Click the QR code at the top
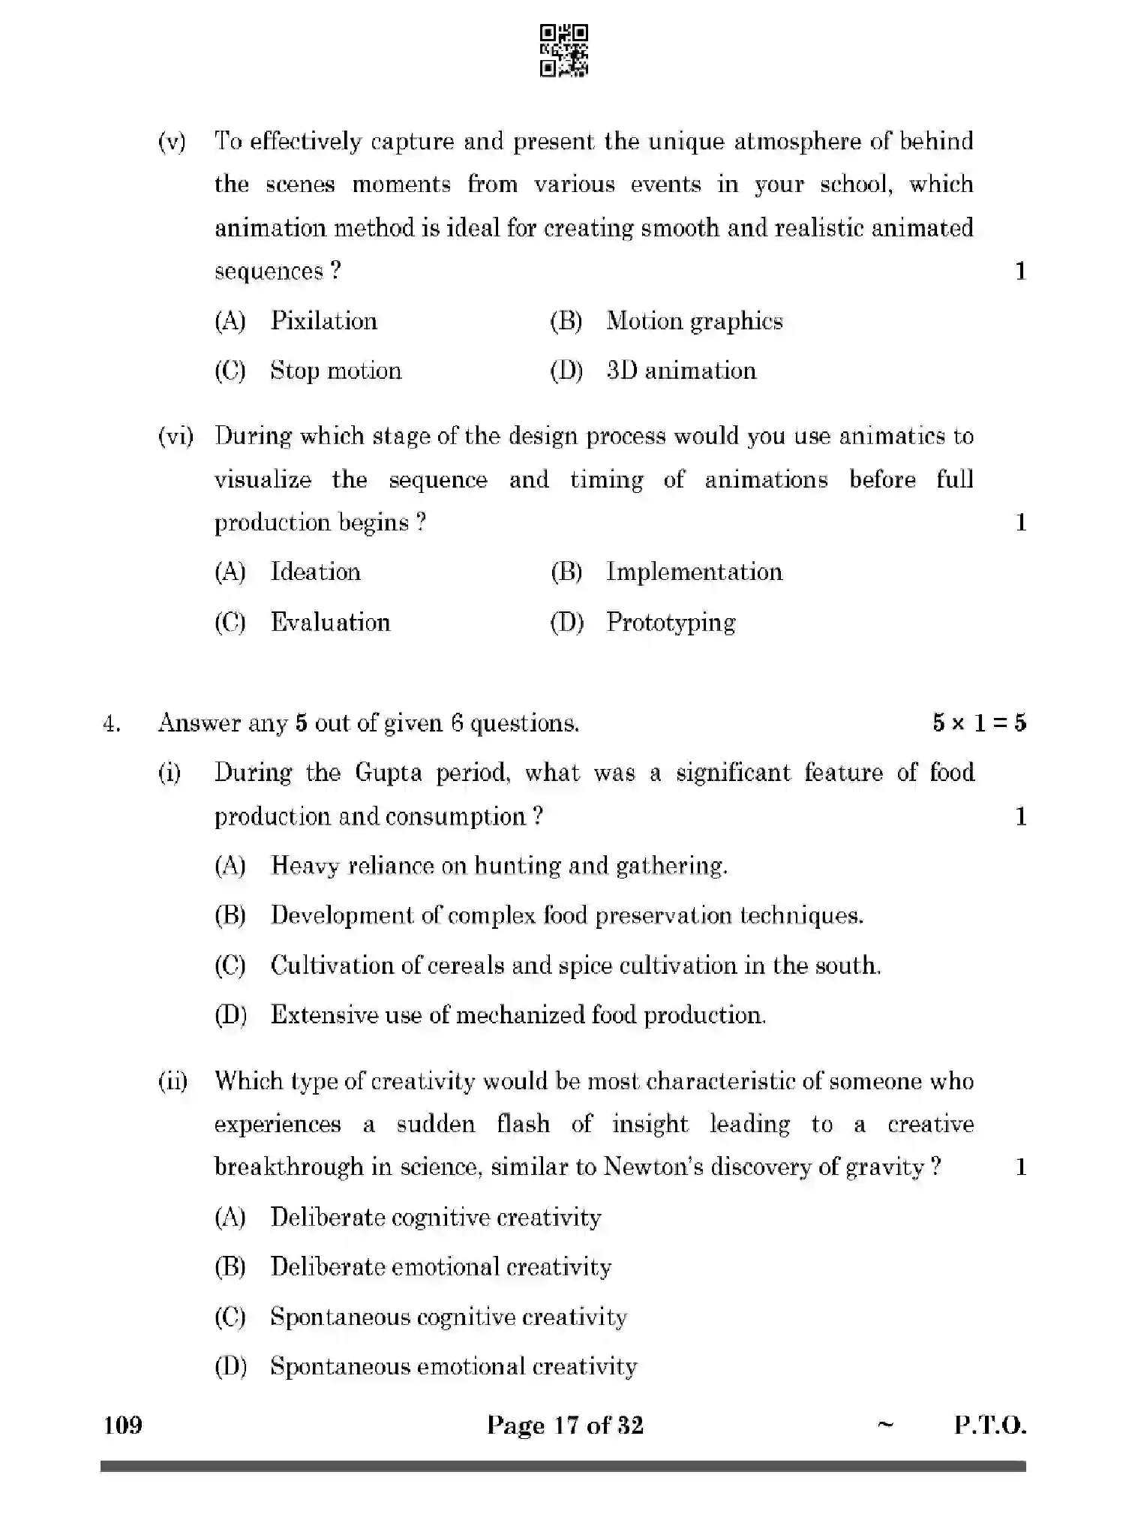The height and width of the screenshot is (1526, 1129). pos(564,51)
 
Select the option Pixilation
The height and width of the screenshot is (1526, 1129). pos(323,321)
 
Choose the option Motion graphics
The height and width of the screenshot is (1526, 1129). pos(694,321)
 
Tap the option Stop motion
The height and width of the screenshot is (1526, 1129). pos(335,371)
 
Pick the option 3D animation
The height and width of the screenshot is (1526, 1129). pos(681,371)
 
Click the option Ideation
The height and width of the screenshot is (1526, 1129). pos(315,572)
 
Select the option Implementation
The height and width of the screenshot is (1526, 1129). pos(694,572)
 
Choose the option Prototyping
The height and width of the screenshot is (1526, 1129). pos(671,622)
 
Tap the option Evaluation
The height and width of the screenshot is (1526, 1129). pos(330,622)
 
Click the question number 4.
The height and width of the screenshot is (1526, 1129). pos(111,724)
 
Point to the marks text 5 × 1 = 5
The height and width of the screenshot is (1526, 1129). pos(979,723)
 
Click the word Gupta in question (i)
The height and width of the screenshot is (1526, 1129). pos(388,773)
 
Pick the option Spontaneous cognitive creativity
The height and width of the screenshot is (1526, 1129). pos(448,1317)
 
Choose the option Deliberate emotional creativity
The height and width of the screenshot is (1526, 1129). pos(440,1267)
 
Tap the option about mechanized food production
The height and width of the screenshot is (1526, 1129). pos(518,1015)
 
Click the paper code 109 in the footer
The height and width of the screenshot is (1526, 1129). pos(123,1425)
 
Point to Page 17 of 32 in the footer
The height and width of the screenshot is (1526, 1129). pos(565,1425)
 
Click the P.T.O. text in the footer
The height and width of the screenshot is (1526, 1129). pos(989,1425)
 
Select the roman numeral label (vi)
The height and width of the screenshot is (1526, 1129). pos(176,437)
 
